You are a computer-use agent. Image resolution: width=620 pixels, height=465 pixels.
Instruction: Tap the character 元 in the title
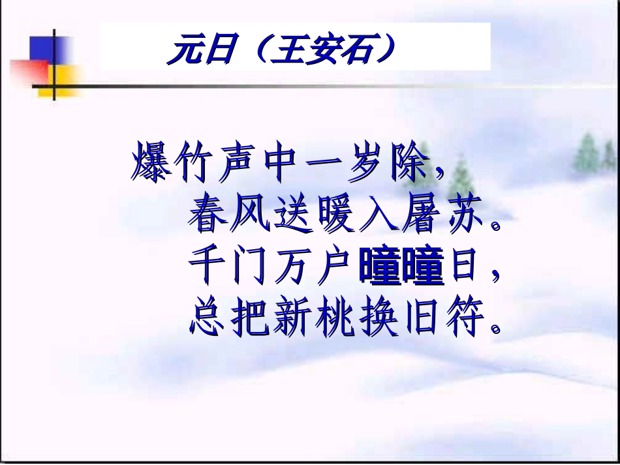point(185,52)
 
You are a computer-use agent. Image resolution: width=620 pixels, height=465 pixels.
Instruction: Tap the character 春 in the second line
point(209,215)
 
